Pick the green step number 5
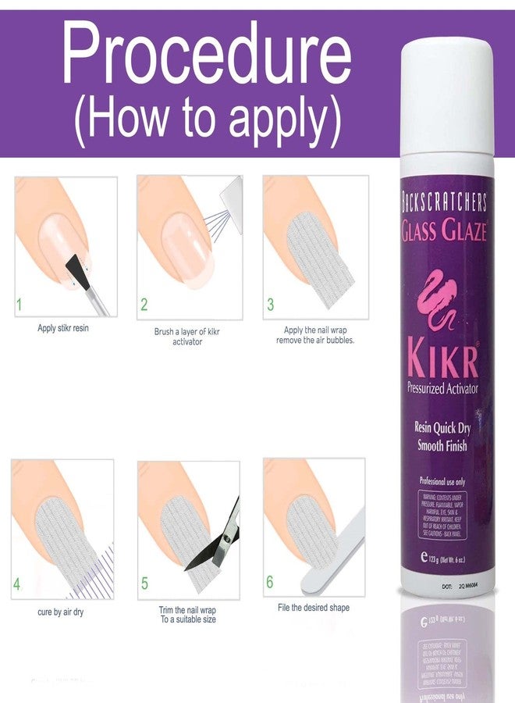pos(144,583)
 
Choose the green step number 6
pos(270,583)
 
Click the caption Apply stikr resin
pos(63,328)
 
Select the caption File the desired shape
pos(314,607)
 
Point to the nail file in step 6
pos(332,550)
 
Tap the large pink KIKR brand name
pos(442,359)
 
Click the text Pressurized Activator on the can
pos(442,388)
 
